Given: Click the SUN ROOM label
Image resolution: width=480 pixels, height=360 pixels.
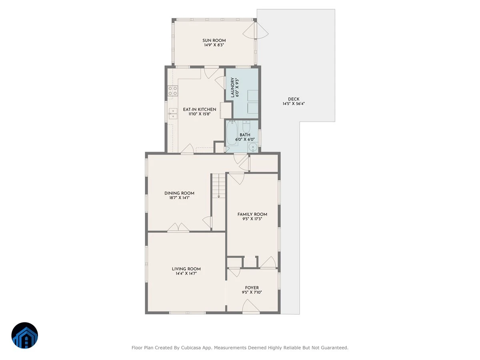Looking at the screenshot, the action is [214, 40].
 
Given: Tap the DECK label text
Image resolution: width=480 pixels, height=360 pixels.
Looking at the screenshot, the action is [294, 99].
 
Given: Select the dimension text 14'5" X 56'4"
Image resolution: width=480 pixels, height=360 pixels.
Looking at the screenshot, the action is [294, 104].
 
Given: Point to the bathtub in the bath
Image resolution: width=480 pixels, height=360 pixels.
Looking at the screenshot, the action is [232, 133].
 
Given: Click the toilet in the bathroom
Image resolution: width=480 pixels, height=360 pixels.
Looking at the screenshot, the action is [246, 126].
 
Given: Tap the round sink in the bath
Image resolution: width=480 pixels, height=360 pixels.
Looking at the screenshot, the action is [253, 147].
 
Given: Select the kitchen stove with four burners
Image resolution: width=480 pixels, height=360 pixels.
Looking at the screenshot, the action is [172, 91].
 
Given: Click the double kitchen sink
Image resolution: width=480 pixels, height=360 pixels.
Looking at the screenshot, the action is [173, 114].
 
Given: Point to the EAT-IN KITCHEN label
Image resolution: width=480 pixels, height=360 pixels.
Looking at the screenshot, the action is [200, 109].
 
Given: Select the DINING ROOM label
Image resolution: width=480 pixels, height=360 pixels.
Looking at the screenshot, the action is [179, 193].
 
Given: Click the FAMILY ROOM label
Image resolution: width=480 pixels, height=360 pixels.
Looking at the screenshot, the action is [252, 214].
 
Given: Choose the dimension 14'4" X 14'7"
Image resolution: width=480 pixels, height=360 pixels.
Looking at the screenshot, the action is [186, 274].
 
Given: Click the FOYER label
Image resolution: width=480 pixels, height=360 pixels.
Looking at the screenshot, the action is [252, 288].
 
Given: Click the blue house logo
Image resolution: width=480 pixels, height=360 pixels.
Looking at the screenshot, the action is [25, 336].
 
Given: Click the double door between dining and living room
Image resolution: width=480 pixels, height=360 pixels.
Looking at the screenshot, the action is [178, 227].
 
